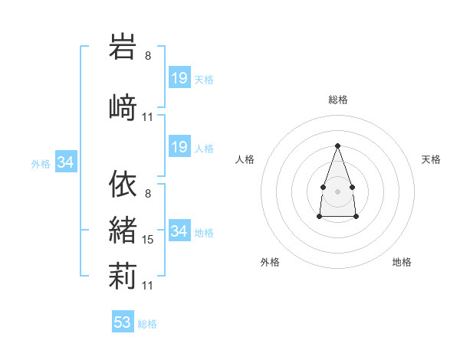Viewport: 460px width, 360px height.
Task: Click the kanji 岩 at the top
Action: pyautogui.click(x=123, y=46)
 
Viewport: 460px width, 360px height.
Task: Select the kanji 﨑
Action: pyautogui.click(x=123, y=107)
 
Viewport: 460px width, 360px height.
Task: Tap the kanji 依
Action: pyautogui.click(x=123, y=184)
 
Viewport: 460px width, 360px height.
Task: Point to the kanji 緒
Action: pyautogui.click(x=123, y=230)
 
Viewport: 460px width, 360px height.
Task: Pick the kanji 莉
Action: pyautogui.click(x=123, y=276)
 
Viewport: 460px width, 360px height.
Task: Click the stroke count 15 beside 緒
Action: pyautogui.click(x=147, y=240)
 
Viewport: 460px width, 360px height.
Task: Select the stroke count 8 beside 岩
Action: pyautogui.click(x=148, y=56)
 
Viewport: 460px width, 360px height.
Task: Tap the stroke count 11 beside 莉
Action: pyautogui.click(x=147, y=286)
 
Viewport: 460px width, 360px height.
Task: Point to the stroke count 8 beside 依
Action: pyautogui.click(x=148, y=194)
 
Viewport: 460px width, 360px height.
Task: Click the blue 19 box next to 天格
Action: pyautogui.click(x=179, y=77)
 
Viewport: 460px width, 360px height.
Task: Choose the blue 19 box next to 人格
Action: pyautogui.click(x=179, y=146)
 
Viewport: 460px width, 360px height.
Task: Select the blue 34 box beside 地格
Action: pyautogui.click(x=179, y=230)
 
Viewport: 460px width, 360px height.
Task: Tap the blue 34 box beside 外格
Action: pyautogui.click(x=66, y=161)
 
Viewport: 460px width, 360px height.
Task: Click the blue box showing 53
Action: pyautogui.click(x=123, y=321)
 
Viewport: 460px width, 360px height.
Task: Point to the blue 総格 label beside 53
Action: pyautogui.click(x=147, y=324)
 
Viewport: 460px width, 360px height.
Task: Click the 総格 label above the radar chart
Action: pyautogui.click(x=337, y=100)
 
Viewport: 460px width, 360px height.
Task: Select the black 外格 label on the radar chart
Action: pyautogui.click(x=270, y=262)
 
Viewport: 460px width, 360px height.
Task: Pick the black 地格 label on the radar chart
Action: pyautogui.click(x=402, y=262)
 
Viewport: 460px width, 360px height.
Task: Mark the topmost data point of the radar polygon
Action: pyautogui.click(x=337, y=146)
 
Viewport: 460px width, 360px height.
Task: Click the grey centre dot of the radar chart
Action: pyautogui.click(x=337, y=191)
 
